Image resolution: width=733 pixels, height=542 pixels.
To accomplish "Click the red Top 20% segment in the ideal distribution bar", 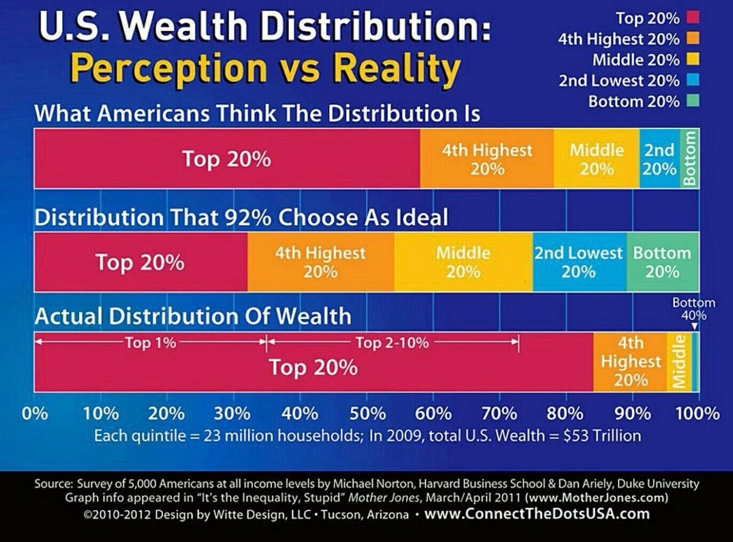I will [140, 262].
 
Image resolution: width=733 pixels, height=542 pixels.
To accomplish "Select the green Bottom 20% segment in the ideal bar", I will [663, 262].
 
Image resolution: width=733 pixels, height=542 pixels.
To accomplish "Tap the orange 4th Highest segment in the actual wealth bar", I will [630, 362].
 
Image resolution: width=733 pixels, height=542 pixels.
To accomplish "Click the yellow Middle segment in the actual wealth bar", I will [679, 362].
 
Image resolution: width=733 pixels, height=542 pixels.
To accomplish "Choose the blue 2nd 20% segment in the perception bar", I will [660, 158].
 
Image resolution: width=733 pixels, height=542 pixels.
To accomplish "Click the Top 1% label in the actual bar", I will [150, 343].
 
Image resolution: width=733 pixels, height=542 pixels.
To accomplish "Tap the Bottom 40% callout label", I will [693, 309].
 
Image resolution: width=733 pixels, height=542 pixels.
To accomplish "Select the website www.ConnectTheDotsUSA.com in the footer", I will [537, 514].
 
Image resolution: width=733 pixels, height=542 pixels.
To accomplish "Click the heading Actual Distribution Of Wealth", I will [193, 316].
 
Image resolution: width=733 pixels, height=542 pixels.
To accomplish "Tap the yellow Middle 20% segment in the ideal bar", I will [463, 262].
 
